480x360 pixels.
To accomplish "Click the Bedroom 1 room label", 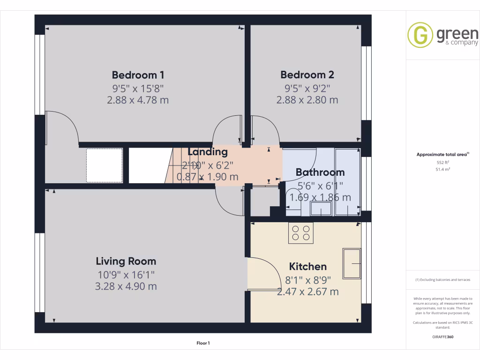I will (138, 75).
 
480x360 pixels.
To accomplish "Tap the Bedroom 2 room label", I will (307, 75).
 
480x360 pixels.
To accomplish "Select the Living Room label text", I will (126, 262).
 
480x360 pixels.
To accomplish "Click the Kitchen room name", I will (307, 267).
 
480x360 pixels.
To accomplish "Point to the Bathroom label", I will (320, 172).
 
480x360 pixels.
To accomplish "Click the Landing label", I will (208, 152).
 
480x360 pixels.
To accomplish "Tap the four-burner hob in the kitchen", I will (300, 233).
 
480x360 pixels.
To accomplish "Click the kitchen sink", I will (352, 263).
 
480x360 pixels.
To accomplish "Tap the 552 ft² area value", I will (443, 162).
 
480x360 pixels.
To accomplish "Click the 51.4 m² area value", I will (443, 169).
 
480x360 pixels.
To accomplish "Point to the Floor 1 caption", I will (203, 343).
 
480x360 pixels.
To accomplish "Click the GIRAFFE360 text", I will (443, 337).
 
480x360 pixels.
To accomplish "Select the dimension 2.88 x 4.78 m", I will (138, 100).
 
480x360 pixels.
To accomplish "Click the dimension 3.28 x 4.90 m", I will (126, 286).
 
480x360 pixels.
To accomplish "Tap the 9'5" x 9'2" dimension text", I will (307, 88).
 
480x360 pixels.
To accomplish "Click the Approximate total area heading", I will (443, 154).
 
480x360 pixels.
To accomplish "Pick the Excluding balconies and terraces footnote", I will (443, 280).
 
